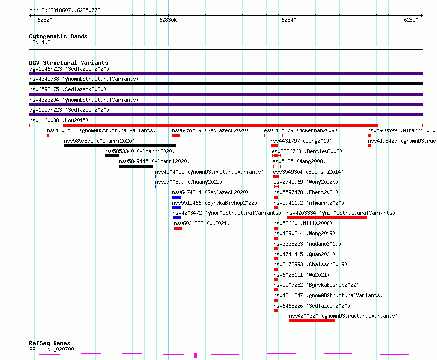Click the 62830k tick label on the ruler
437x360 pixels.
click(x=168, y=20)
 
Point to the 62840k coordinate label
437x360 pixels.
click(x=290, y=20)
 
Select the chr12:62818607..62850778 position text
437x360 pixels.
click(x=65, y=11)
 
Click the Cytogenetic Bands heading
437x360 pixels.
click(x=58, y=36)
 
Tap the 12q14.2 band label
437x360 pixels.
click(x=40, y=42)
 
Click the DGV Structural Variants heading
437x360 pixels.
click(x=69, y=63)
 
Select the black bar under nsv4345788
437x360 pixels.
click(x=226, y=84)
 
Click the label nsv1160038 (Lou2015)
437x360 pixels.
click(x=59, y=120)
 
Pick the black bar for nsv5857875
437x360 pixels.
click(x=120, y=146)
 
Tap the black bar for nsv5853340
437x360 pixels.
click(x=111, y=156)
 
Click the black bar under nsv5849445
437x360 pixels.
click(x=136, y=166)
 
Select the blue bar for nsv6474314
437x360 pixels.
click(x=176, y=197)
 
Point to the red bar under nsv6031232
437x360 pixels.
click(x=178, y=228)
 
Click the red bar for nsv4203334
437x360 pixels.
click(x=327, y=218)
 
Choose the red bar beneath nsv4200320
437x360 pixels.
click(x=312, y=321)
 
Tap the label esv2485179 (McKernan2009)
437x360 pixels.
click(x=300, y=130)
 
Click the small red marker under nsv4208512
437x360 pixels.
click(x=48, y=135)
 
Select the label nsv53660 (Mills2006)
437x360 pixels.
click(x=303, y=223)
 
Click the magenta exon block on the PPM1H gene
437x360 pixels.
click(x=195, y=355)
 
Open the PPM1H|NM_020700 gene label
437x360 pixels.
click(x=52, y=349)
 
